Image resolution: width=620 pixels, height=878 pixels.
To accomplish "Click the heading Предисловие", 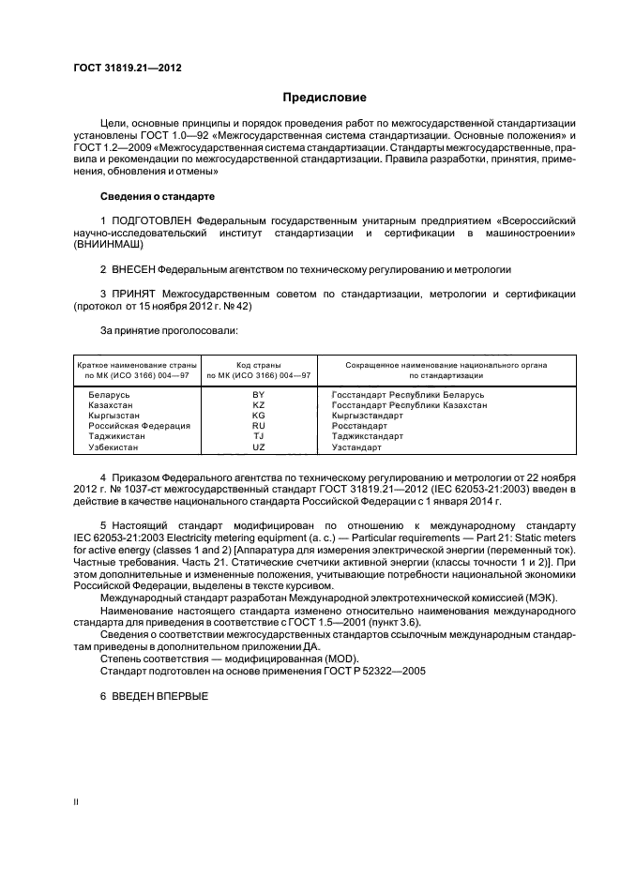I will click(x=325, y=98).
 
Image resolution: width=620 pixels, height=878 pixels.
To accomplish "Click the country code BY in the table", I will click(x=259, y=395).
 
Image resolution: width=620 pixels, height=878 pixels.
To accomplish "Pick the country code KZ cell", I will click(x=259, y=405).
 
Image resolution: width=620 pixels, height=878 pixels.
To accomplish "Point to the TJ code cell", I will click(x=259, y=436).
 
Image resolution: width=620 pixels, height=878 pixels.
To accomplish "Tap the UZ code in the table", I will click(x=259, y=447).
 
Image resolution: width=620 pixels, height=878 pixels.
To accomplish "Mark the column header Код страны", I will click(x=259, y=363).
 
